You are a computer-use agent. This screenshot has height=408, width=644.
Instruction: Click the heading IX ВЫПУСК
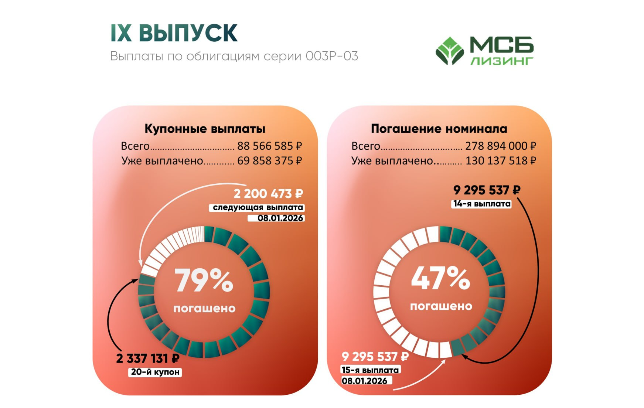[174, 33]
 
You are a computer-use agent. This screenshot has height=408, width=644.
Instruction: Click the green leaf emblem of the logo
[450, 51]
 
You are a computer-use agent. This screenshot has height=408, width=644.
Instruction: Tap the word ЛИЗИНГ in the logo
[502, 61]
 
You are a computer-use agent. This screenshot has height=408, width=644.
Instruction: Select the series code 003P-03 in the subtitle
[332, 56]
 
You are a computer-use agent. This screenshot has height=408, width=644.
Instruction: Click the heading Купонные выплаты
[205, 129]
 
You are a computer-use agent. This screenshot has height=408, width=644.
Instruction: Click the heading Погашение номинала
[439, 129]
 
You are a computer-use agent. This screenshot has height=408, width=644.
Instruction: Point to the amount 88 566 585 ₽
[269, 146]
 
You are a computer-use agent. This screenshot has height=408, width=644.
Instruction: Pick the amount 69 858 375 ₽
[269, 161]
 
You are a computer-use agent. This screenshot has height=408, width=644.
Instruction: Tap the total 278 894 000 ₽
[501, 146]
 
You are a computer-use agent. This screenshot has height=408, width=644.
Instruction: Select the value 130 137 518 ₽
[501, 161]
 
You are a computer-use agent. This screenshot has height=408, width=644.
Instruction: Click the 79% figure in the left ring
[204, 280]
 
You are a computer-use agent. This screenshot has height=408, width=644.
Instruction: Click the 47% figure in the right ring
[440, 278]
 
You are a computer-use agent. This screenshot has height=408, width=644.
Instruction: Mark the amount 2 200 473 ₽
[268, 194]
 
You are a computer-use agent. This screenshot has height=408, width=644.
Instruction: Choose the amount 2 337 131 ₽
[148, 358]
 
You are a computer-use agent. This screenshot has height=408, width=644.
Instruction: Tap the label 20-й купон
[155, 372]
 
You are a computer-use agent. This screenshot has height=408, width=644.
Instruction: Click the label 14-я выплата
[481, 204]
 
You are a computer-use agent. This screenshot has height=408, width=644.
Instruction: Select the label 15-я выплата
[370, 370]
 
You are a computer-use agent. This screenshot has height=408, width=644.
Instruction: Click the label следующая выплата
[258, 208]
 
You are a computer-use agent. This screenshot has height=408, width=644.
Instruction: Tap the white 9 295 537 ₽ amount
[375, 357]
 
